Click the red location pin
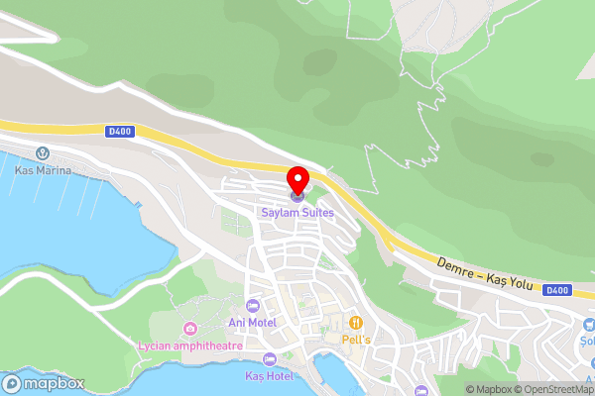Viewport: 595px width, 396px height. point(297,180)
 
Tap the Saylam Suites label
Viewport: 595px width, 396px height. point(297,212)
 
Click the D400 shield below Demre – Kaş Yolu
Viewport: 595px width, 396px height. point(557,290)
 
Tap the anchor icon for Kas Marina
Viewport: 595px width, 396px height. point(43,153)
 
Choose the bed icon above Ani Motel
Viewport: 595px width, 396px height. point(252,304)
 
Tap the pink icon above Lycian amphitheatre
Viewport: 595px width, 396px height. point(190,328)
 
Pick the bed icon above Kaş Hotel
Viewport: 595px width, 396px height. point(269,359)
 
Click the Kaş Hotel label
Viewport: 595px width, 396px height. point(269,376)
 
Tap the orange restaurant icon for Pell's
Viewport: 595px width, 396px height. point(356,323)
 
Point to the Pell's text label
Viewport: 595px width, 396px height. point(356,339)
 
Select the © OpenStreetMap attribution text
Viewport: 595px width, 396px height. point(551,389)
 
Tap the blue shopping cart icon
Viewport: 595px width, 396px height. point(589,324)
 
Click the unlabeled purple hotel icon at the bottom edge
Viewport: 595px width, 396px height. point(421,391)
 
